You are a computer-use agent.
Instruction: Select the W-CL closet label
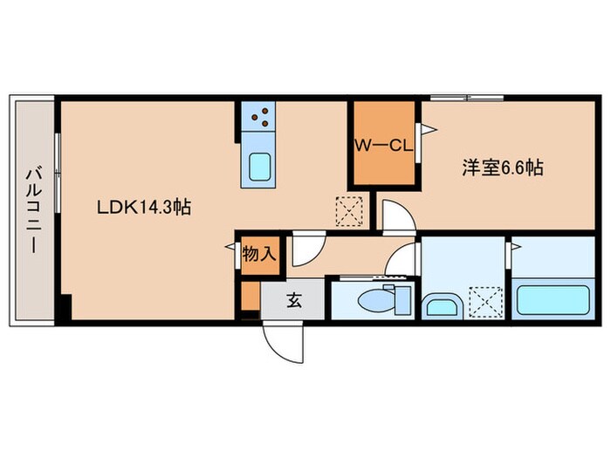coord(382,146)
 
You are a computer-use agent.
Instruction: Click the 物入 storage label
coord(258,256)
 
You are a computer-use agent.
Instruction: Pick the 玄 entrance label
coord(294,302)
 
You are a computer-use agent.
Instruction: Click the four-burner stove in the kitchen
coord(258,116)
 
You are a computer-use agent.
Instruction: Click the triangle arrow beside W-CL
coord(429,130)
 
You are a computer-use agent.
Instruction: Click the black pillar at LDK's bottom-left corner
coord(64,309)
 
